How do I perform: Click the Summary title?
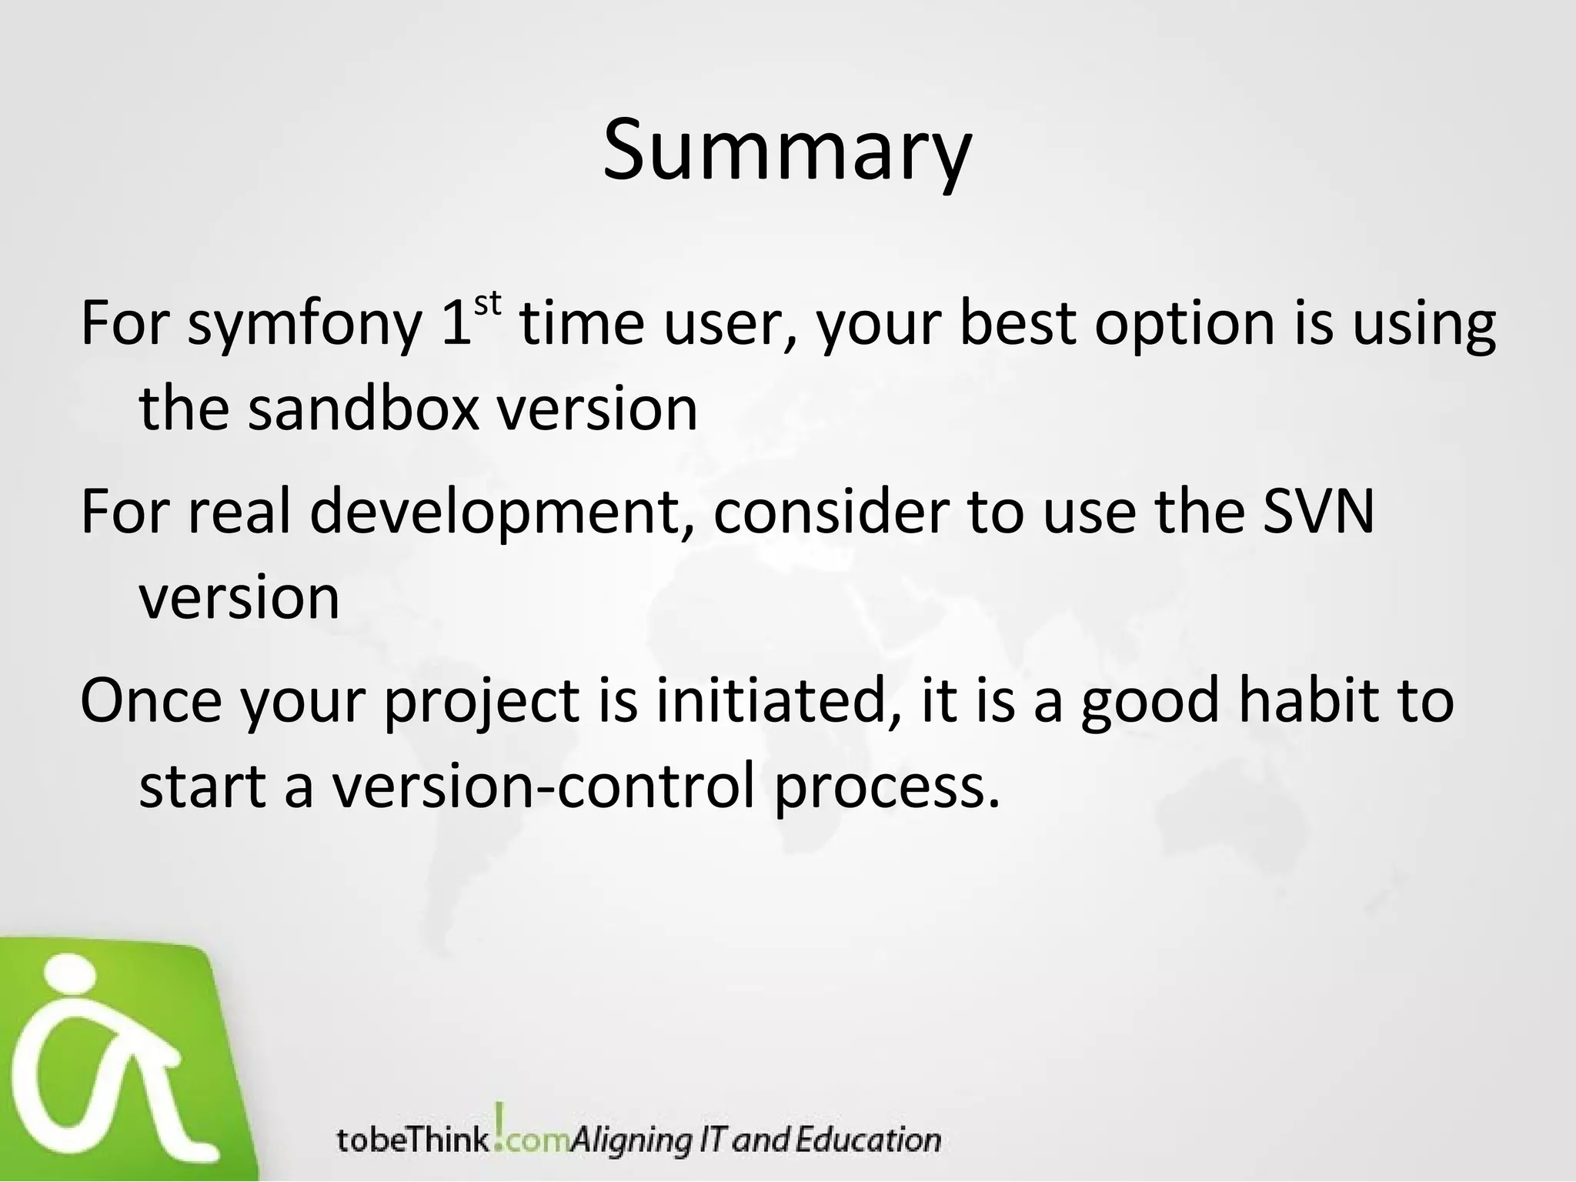786,150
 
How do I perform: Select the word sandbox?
363,409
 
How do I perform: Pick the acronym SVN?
1318,512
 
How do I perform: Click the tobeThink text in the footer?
412,1140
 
